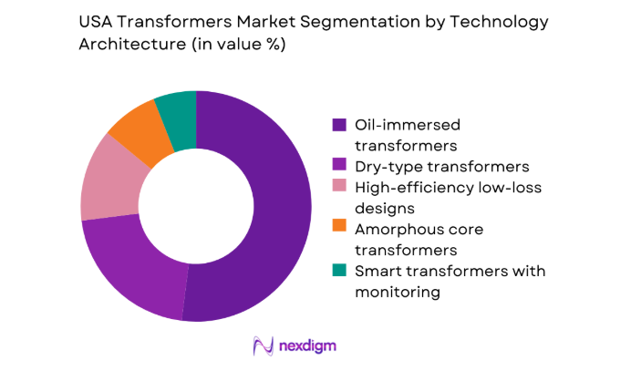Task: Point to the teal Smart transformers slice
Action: (x=177, y=110)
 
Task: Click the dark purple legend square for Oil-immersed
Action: (x=340, y=124)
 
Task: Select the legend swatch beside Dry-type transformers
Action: (x=340, y=166)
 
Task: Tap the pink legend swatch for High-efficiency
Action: (x=340, y=187)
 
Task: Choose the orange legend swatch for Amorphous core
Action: (x=340, y=229)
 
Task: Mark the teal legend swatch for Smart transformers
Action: (x=340, y=271)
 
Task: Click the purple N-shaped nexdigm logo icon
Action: (x=264, y=346)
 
